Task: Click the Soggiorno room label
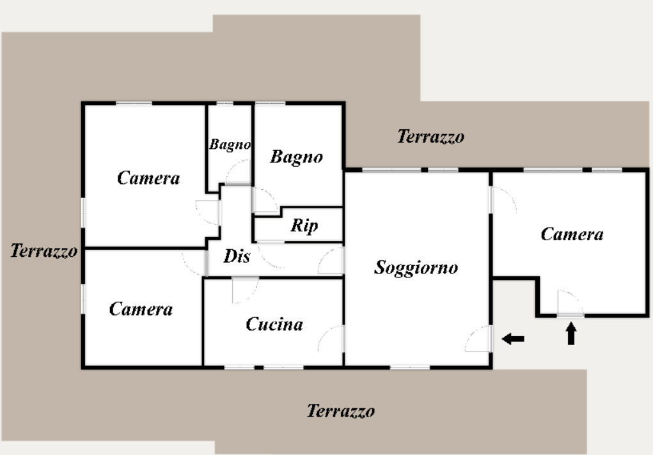416,267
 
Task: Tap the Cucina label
274,324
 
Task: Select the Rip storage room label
304,226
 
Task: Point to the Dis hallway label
237,256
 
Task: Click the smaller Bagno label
230,144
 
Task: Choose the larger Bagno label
297,157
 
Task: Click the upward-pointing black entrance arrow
571,334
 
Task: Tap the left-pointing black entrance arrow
513,339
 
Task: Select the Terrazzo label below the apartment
341,411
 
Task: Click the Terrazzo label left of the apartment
43,251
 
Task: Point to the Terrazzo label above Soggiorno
430,137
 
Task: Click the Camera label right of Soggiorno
572,235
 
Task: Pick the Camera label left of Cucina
141,309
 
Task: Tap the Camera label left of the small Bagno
148,178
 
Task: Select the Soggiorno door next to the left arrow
479,339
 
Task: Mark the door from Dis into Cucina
246,291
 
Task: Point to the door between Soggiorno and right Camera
503,200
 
